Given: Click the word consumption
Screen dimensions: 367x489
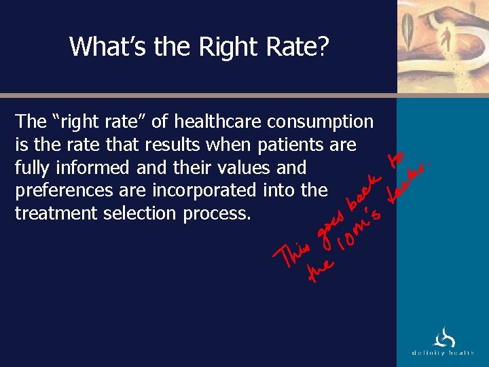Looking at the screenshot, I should point(321,122).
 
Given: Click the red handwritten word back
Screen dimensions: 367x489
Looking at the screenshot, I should point(363,193).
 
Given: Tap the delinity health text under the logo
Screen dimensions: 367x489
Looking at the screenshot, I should point(442,353).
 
